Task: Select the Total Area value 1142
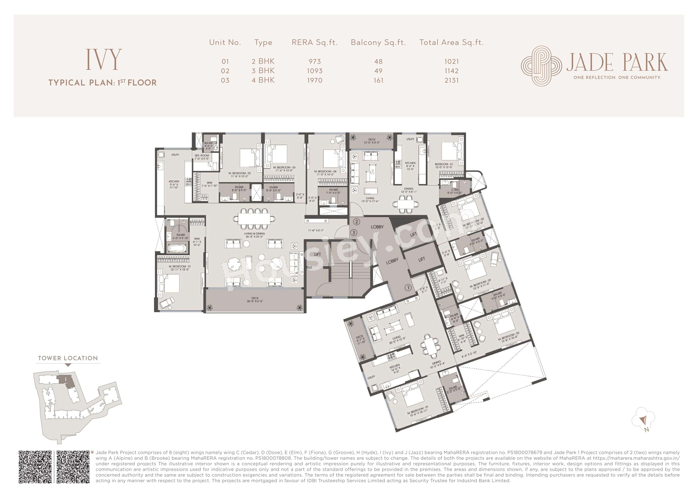coord(452,71)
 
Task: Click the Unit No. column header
coord(225,43)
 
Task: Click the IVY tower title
coord(104,59)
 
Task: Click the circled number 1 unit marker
coord(408,287)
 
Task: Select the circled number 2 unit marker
coord(357,222)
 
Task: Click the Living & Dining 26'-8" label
coord(254,235)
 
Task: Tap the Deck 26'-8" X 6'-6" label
coord(255,300)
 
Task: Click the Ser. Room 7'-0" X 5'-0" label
coord(202,157)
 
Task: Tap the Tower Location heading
coord(68,358)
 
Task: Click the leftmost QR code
coord(35,467)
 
